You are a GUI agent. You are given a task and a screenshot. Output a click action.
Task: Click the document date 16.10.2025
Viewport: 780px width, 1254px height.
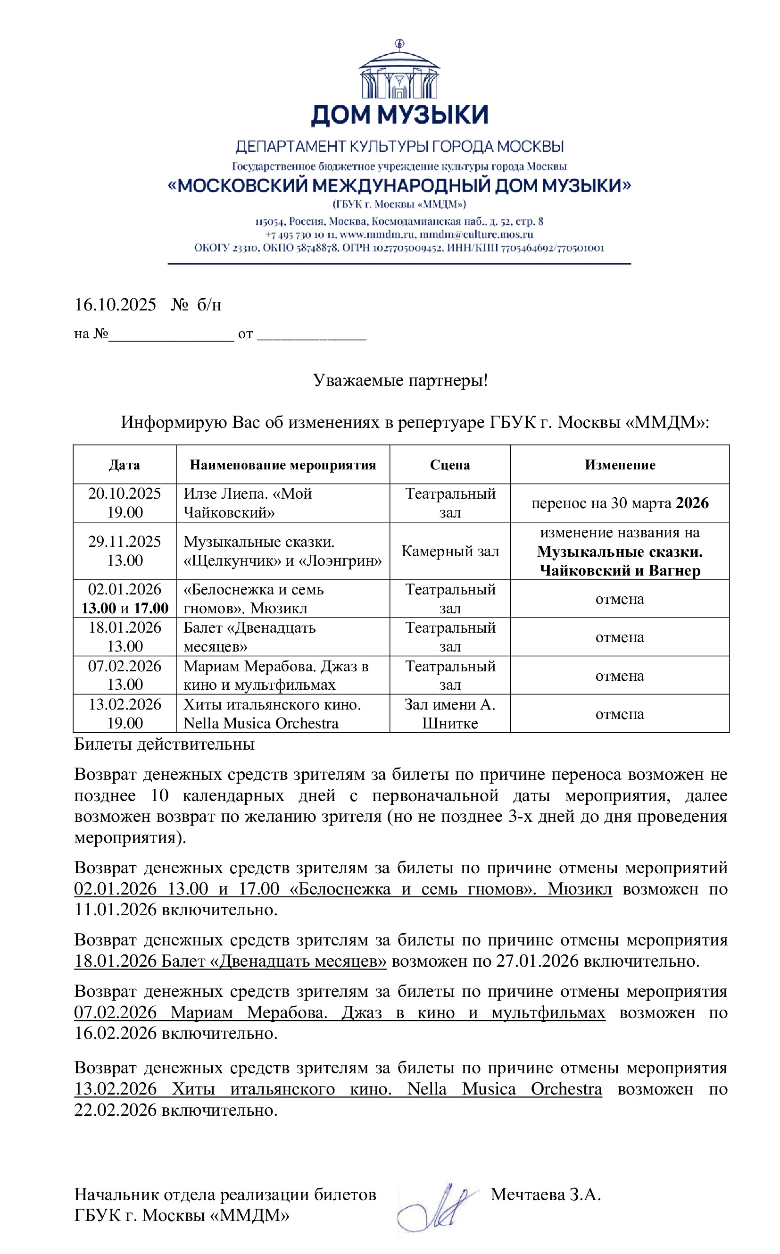pyautogui.click(x=115, y=304)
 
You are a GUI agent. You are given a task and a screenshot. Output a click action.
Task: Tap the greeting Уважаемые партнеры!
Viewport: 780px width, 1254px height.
pyautogui.click(x=400, y=380)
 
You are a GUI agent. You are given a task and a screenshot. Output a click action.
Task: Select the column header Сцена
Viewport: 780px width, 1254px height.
pyautogui.click(x=450, y=465)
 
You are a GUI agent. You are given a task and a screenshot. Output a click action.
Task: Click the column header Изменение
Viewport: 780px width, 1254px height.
pyautogui.click(x=620, y=465)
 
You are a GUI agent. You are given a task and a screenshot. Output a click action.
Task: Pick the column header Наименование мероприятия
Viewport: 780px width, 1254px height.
pyautogui.click(x=282, y=465)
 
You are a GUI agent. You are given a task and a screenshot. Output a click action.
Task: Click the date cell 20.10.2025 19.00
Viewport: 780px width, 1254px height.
pyautogui.click(x=125, y=503)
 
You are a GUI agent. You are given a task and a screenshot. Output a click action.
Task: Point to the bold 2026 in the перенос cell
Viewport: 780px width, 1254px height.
pyautogui.click(x=692, y=503)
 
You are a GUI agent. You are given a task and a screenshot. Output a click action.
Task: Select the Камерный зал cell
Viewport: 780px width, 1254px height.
pyautogui.click(x=450, y=551)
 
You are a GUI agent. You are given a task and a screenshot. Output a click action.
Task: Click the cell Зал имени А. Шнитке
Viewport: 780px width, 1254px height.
pyautogui.click(x=450, y=714)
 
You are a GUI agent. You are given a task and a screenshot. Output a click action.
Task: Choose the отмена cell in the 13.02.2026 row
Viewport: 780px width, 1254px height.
pyautogui.click(x=620, y=714)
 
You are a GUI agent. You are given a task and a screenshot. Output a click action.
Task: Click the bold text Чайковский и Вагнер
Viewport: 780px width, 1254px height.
pyautogui.click(x=620, y=570)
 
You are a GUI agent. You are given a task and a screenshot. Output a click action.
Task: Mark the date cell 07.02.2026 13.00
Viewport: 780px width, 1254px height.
pyautogui.click(x=125, y=675)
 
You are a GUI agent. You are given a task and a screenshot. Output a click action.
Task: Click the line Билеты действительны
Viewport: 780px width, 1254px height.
pyautogui.click(x=164, y=744)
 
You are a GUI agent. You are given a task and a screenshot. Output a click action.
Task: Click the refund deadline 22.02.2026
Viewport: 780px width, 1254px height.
pyautogui.click(x=115, y=1110)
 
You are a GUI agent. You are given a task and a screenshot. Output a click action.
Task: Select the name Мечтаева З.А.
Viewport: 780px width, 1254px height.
pyautogui.click(x=545, y=1194)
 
